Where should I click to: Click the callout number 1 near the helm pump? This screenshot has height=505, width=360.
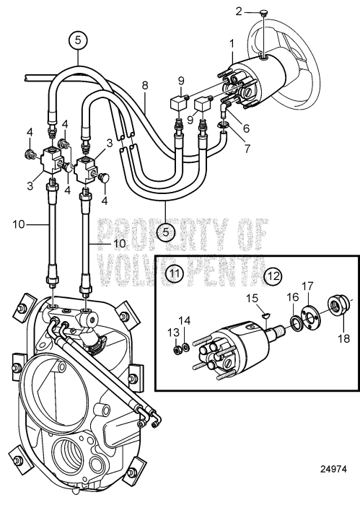tap(232, 44)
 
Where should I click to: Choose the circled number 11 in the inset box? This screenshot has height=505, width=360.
tap(175, 273)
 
